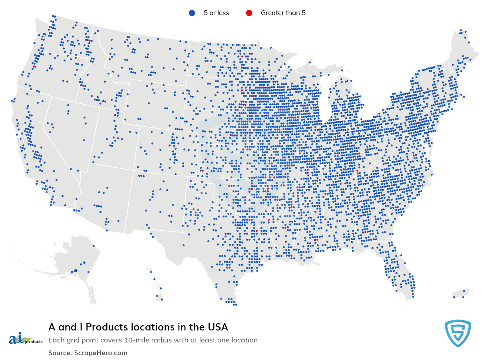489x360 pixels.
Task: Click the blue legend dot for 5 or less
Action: pos(192,13)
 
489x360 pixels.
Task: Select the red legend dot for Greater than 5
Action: pos(249,13)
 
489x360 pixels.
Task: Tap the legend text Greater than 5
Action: pos(283,13)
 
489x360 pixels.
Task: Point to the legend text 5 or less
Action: pos(216,13)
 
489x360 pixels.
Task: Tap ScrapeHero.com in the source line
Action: pos(101,353)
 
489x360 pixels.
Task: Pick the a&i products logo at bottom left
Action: pos(25,339)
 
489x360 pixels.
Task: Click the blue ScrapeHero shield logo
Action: pos(458,333)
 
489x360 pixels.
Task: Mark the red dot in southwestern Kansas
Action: pos(203,170)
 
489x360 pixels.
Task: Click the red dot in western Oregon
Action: pos(35,67)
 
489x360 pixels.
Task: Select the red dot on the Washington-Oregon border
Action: pos(68,56)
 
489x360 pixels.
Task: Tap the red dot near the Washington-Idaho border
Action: pos(87,40)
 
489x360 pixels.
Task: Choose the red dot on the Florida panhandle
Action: pos(328,247)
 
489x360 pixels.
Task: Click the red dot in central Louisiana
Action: pos(286,241)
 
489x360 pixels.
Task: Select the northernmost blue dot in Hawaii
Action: pos(151,271)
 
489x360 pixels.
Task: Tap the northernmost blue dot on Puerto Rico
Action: pos(463,291)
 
